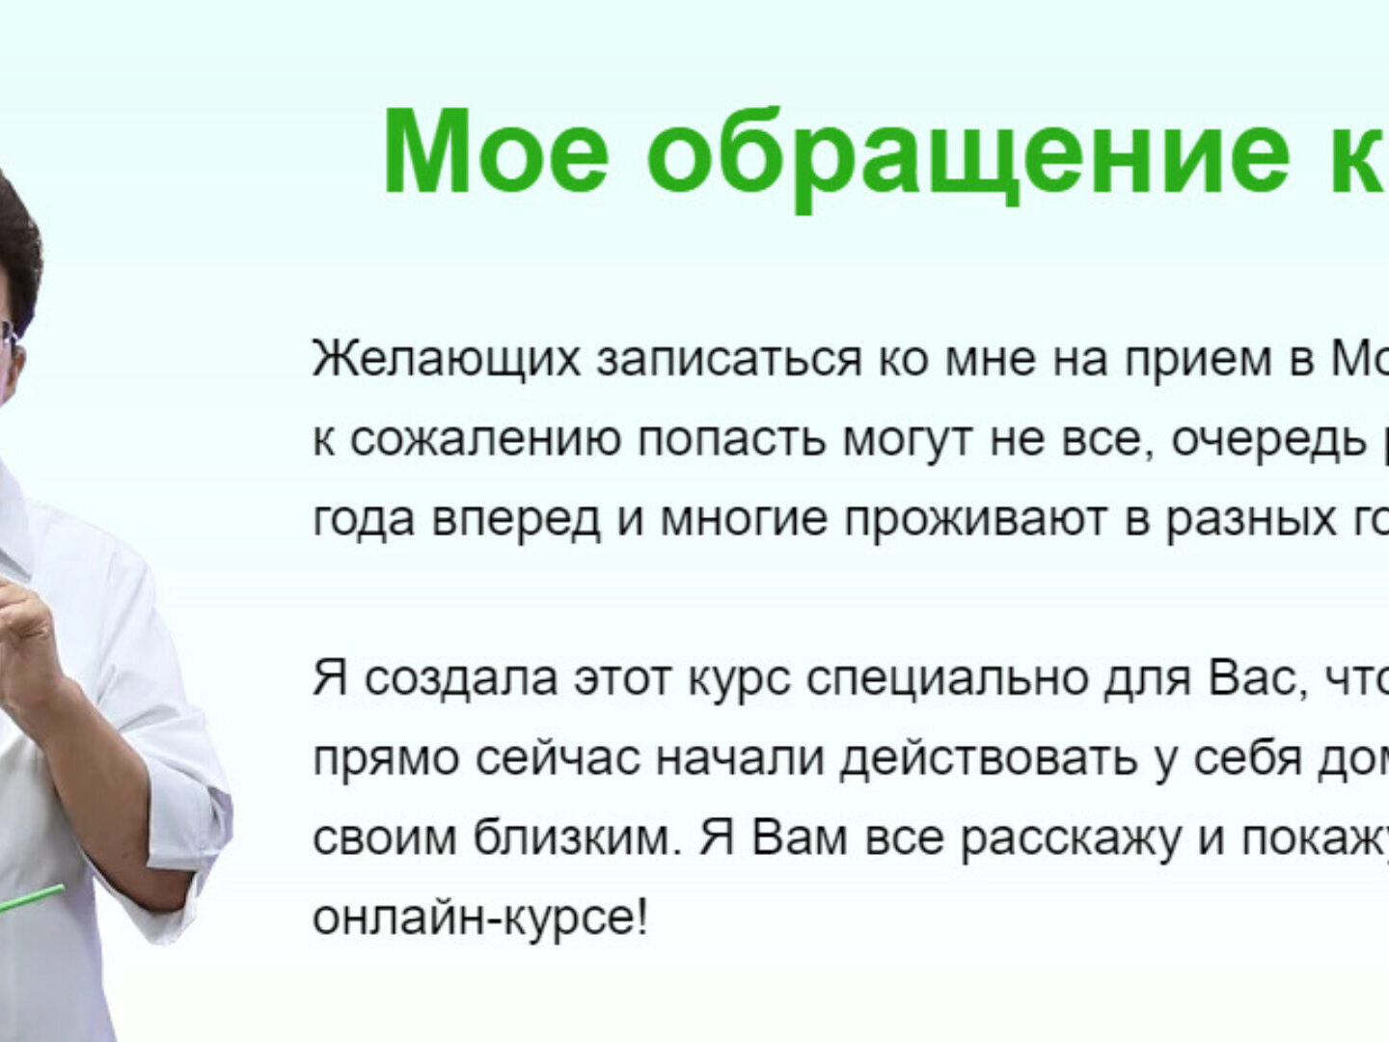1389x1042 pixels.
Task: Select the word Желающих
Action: tap(447, 359)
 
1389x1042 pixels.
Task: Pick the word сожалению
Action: tap(485, 439)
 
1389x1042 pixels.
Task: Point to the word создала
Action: tap(461, 678)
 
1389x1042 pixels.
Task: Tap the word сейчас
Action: tap(557, 758)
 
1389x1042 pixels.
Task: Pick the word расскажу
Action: tap(1071, 840)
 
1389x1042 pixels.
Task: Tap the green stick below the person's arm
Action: tap(32, 901)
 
